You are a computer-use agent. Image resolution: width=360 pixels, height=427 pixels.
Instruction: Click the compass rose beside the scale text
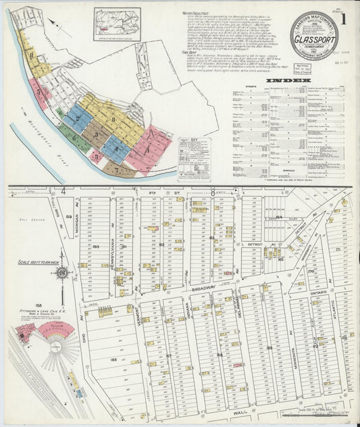tap(61, 274)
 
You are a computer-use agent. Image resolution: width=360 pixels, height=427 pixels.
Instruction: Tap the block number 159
tap(68, 216)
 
